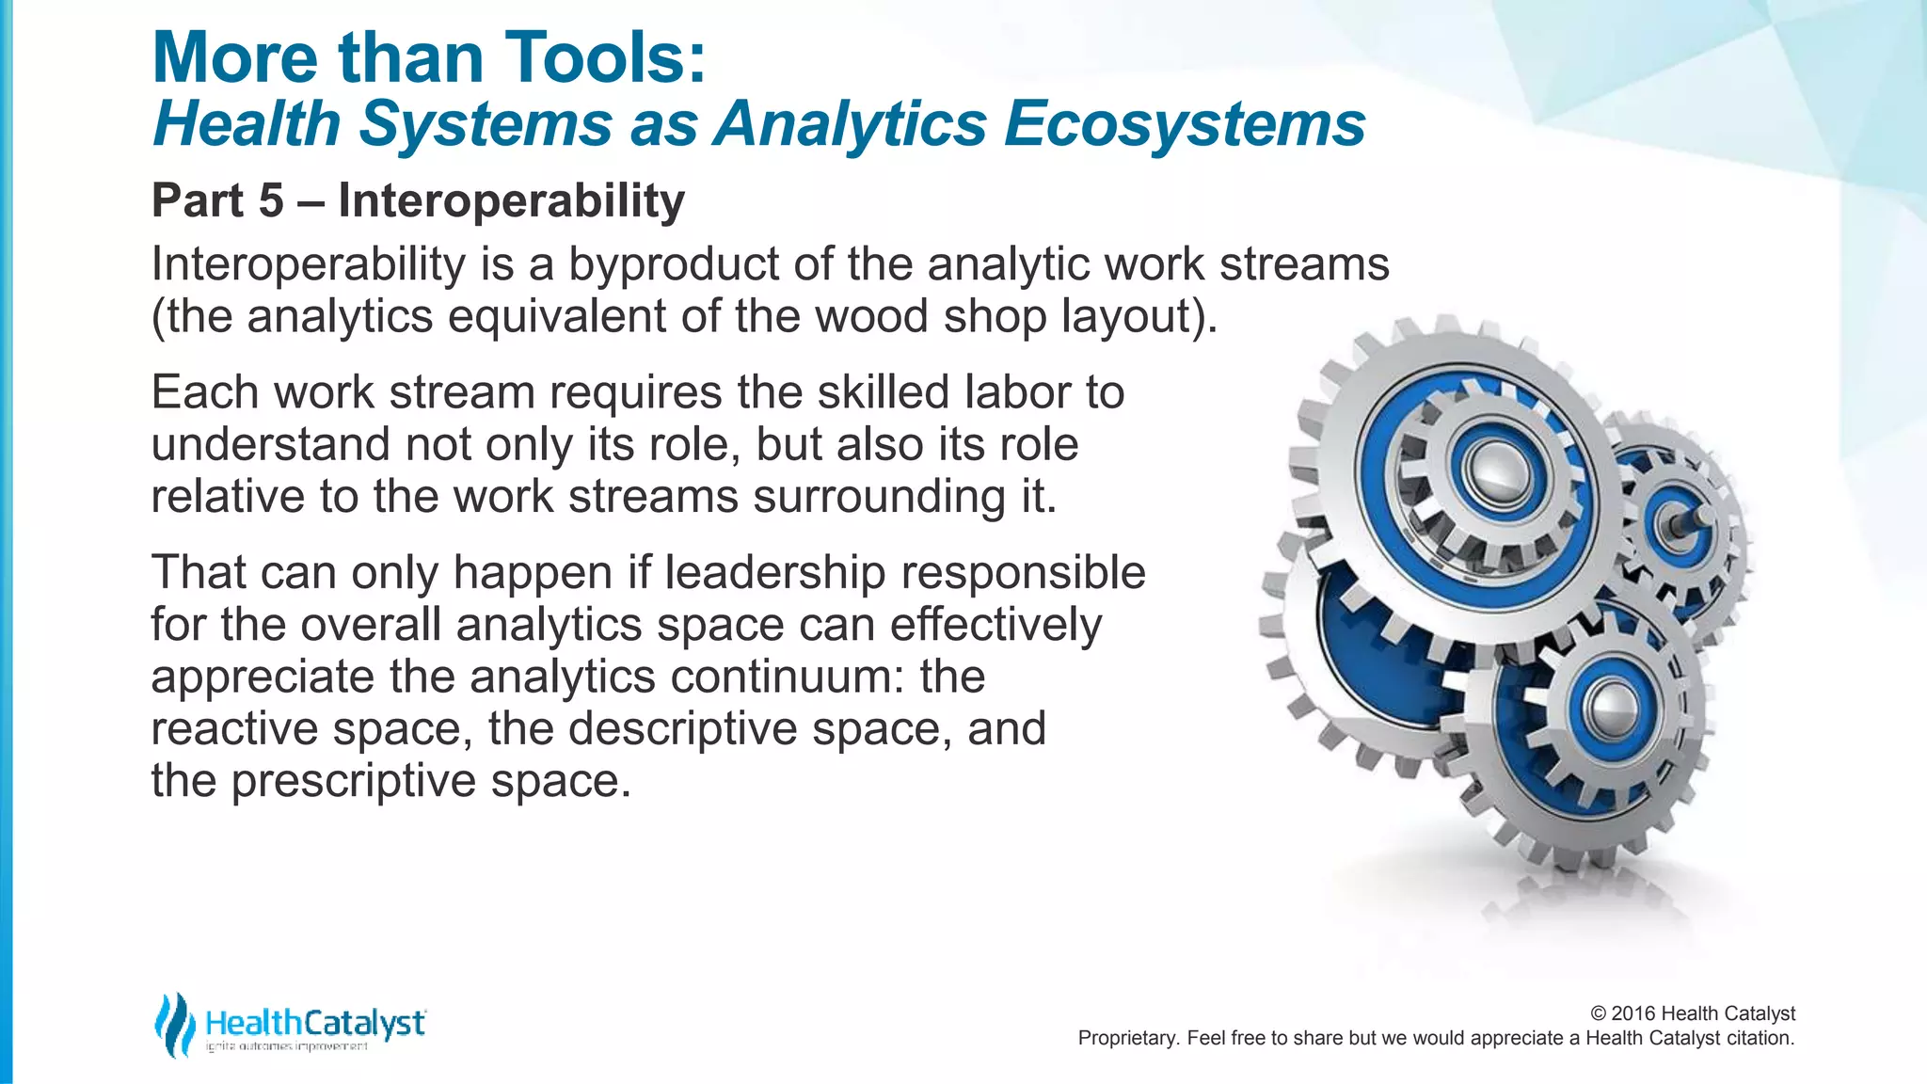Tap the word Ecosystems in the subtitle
pos(1184,124)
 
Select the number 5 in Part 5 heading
pos(271,200)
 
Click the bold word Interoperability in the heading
pos(511,200)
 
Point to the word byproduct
pos(673,264)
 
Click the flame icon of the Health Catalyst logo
pos(174,1025)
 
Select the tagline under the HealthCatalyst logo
pos(287,1047)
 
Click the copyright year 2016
pos(1633,1013)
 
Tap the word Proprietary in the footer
pos(1126,1038)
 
